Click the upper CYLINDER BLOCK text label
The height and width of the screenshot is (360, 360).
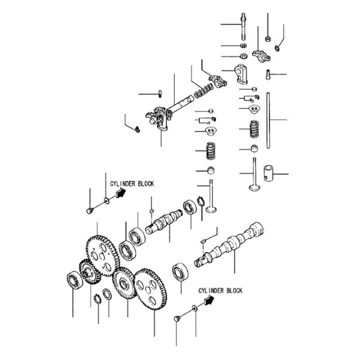132,184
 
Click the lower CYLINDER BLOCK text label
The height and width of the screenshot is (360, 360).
220,290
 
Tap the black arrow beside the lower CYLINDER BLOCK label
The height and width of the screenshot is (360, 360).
207,300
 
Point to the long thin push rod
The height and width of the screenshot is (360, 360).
268,120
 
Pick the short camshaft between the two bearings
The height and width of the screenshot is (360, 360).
165,221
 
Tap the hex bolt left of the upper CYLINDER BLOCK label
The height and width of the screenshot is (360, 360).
89,209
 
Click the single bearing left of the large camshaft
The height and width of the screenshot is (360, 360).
178,273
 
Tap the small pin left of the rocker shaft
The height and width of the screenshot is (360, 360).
158,93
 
